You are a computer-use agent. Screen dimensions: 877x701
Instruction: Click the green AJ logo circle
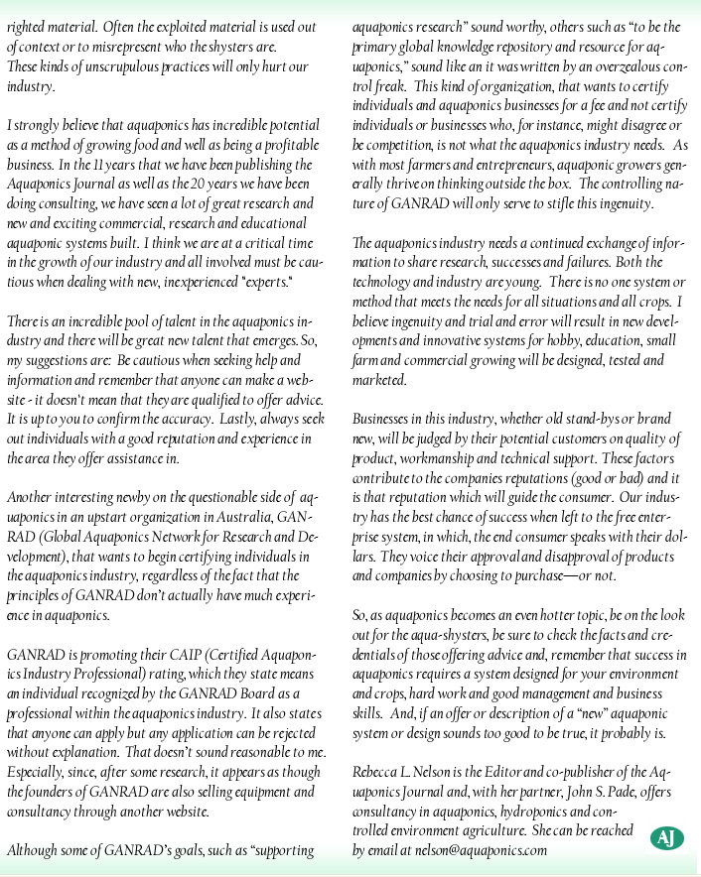666,838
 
